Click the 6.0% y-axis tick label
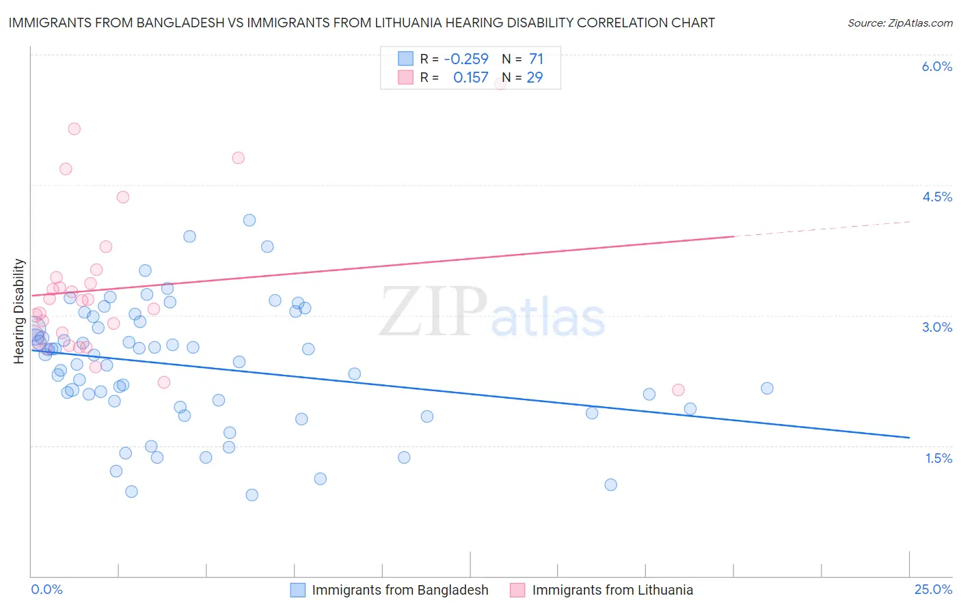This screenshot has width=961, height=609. pyautogui.click(x=936, y=66)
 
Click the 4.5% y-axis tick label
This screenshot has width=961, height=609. pyautogui.click(x=936, y=197)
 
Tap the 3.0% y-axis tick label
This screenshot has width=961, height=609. pyautogui.click(x=936, y=327)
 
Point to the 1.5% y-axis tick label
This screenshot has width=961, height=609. pyautogui.click(x=938, y=458)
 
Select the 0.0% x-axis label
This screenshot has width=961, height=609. pyautogui.click(x=46, y=589)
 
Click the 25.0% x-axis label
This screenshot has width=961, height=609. pyautogui.click(x=933, y=589)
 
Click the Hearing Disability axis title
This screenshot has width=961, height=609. pyautogui.click(x=19, y=311)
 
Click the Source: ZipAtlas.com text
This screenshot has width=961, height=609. pyautogui.click(x=899, y=23)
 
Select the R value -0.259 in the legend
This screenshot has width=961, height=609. pyautogui.click(x=466, y=59)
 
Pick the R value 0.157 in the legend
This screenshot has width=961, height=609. pyautogui.click(x=471, y=78)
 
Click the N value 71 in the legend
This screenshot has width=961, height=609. pyautogui.click(x=536, y=59)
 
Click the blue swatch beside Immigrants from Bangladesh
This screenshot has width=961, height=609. pyautogui.click(x=297, y=590)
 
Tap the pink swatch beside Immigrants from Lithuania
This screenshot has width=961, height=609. pyautogui.click(x=517, y=590)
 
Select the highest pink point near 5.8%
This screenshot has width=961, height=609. pyautogui.click(x=500, y=83)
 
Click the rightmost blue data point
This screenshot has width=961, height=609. pyautogui.click(x=767, y=388)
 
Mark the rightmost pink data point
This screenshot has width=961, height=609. pyautogui.click(x=678, y=390)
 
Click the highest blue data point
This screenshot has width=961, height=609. pyautogui.click(x=249, y=220)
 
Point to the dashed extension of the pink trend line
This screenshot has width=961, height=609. pyautogui.click(x=820, y=229)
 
